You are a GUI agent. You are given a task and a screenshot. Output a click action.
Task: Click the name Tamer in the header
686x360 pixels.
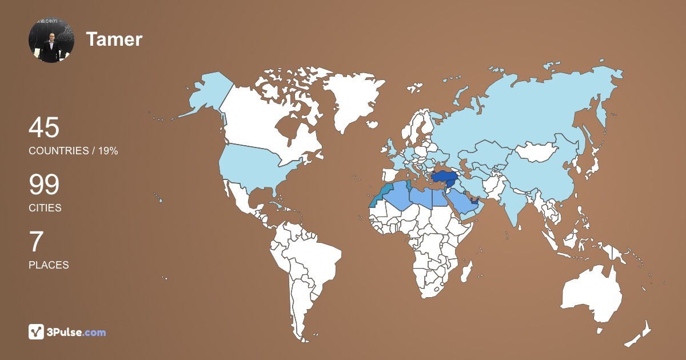click(x=114, y=39)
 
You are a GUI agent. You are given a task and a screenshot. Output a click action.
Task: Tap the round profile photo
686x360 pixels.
click(x=51, y=40)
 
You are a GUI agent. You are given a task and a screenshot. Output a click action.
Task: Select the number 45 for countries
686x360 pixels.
click(x=44, y=127)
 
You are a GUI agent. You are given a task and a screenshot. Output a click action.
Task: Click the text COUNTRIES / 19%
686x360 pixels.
click(x=73, y=151)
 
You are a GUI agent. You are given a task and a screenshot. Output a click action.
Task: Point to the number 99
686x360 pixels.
click(x=44, y=185)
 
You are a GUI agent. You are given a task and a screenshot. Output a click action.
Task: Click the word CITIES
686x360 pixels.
click(x=45, y=208)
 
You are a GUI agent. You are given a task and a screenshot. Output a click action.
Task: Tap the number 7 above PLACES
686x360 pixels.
click(x=36, y=242)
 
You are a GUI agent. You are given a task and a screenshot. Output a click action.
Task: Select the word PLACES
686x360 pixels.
click(x=49, y=265)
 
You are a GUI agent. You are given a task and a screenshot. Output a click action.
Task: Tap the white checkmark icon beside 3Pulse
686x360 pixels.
click(x=36, y=332)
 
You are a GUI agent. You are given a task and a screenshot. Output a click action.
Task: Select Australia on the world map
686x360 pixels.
click(x=592, y=291)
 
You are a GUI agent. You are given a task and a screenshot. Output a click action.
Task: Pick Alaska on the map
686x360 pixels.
click(x=206, y=94)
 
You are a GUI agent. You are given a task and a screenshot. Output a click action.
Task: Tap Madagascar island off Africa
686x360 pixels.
click(x=467, y=270)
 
